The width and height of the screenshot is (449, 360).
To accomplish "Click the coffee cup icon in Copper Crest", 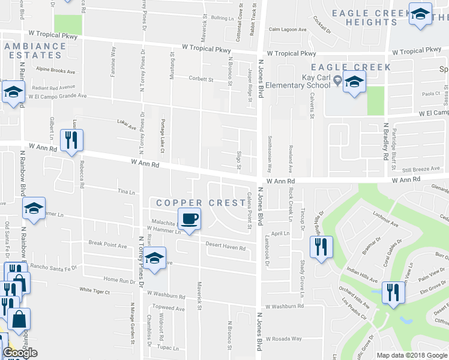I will tap(190, 219).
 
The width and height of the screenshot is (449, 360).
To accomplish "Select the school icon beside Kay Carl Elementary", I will tap(355, 83).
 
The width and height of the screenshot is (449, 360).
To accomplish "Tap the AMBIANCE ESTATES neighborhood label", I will tap(33, 50).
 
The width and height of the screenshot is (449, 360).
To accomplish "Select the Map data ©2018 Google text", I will tap(411, 355).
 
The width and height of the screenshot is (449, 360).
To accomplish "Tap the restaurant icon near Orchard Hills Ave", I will tap(393, 293).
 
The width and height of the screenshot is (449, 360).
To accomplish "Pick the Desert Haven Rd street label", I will tap(226, 247).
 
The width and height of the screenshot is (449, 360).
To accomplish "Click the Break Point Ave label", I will tap(108, 245).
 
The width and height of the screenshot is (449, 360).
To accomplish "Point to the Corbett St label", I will tap(201, 79).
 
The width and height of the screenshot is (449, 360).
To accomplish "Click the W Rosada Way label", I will tap(284, 338).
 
